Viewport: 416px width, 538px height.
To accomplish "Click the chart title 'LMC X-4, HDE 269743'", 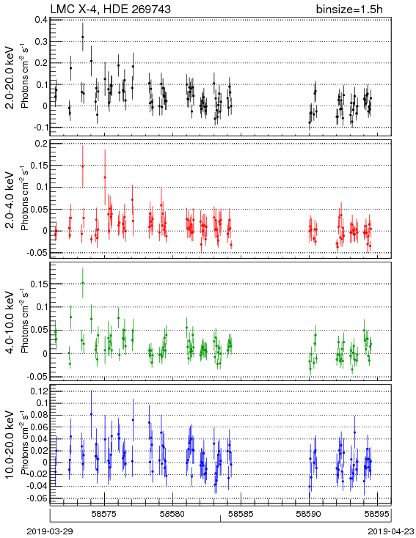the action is point(110,9).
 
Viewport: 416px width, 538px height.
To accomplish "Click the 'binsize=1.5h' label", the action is point(349,10).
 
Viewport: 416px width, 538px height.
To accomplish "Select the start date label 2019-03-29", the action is point(50,531).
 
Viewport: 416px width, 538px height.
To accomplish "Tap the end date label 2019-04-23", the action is point(391,531).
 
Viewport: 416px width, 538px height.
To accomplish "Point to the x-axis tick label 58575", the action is point(104,514).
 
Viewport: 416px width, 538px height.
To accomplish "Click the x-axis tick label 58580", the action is point(172,514).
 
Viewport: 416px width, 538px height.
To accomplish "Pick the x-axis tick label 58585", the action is point(241,514).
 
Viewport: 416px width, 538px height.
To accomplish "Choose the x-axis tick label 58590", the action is point(309,514).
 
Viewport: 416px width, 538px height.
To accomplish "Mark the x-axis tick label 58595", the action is point(377,514).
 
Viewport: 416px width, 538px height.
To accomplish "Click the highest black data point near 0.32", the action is point(82,37).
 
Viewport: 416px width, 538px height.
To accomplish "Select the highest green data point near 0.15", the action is point(82,283).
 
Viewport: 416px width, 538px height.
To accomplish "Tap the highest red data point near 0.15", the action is point(82,166).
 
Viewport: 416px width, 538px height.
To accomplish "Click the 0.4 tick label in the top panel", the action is point(41,20).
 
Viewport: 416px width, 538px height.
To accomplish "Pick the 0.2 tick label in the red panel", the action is point(41,144).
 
